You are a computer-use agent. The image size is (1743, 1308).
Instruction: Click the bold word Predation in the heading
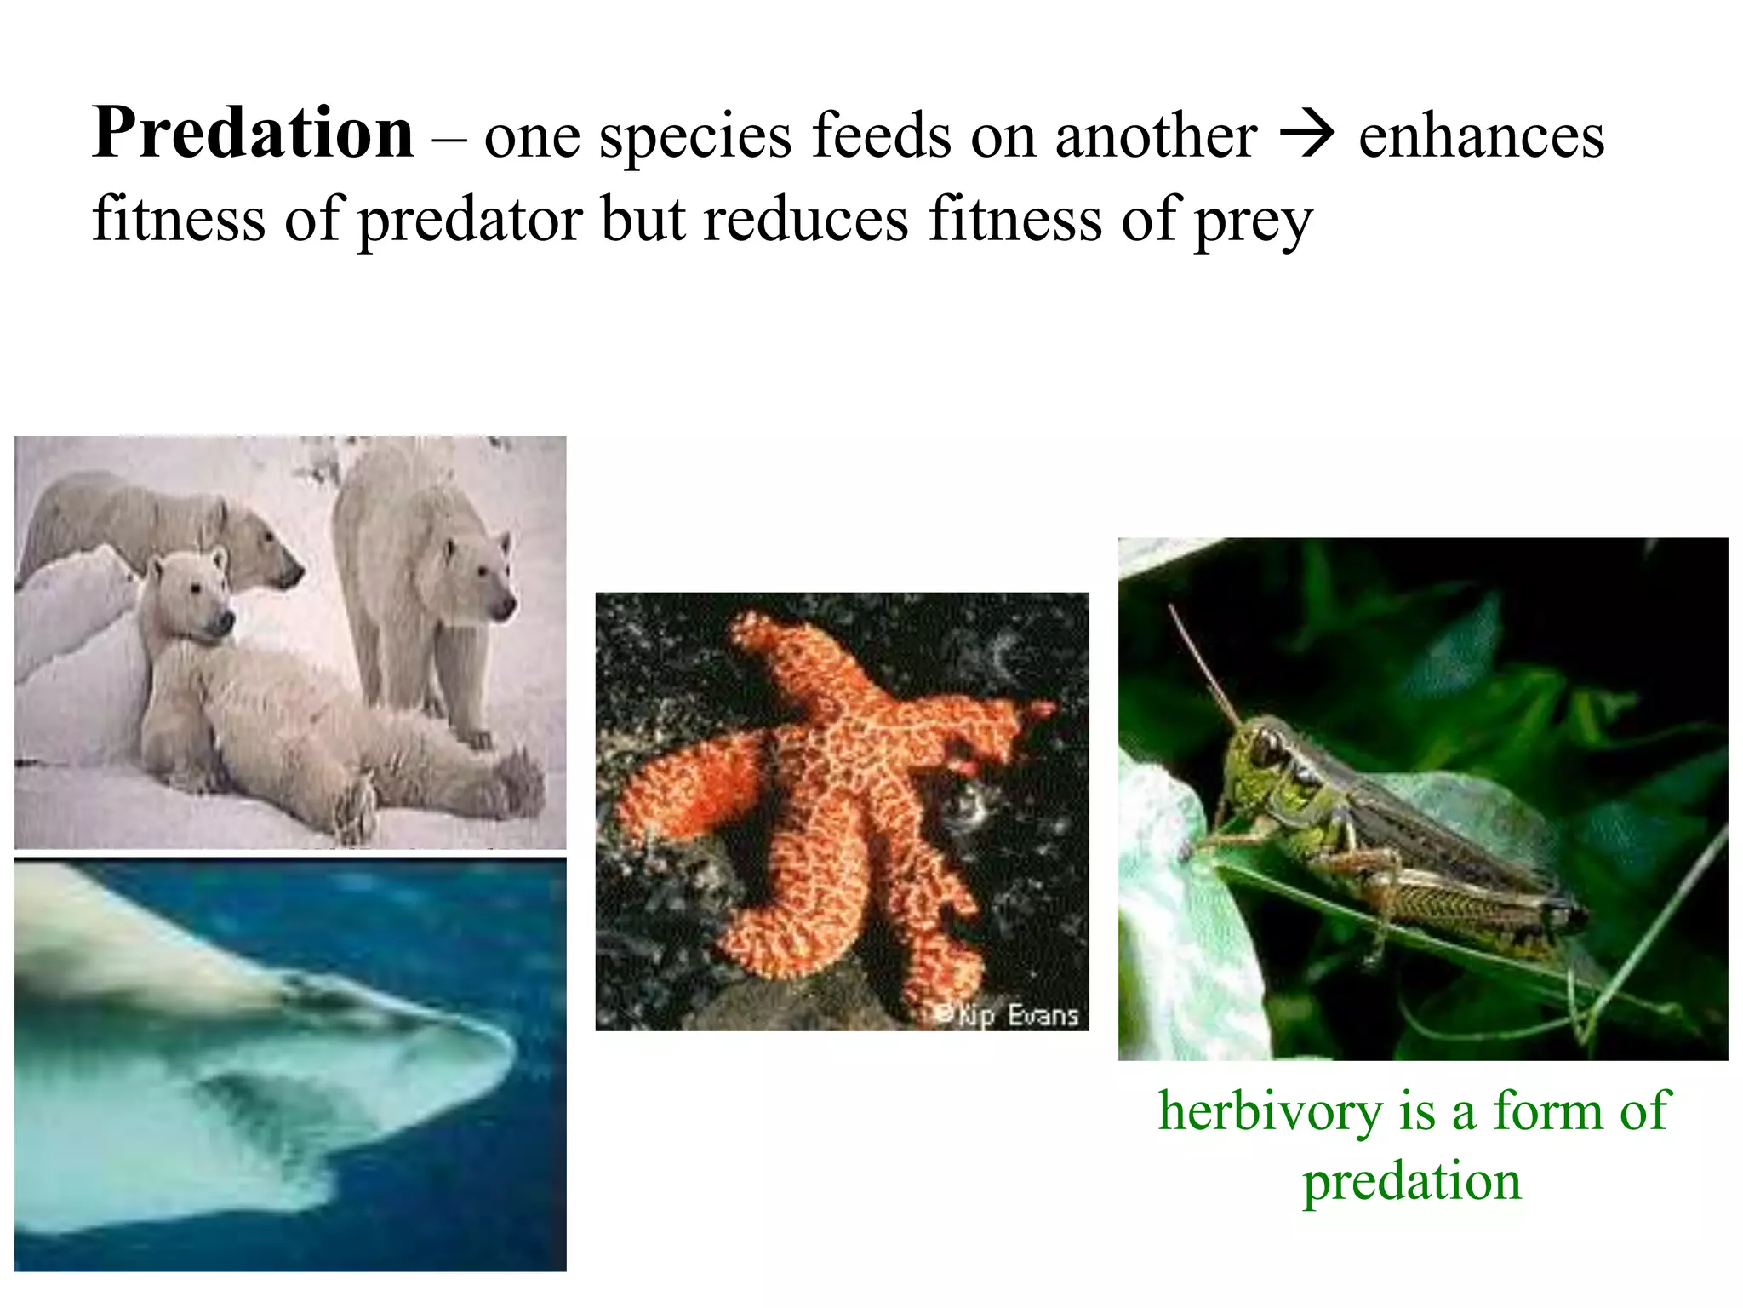point(254,134)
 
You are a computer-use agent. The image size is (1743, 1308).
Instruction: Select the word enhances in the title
point(1482,135)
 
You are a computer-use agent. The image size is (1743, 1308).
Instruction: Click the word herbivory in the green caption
point(1268,1110)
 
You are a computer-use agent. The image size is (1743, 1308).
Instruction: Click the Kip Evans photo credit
point(1008,1015)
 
